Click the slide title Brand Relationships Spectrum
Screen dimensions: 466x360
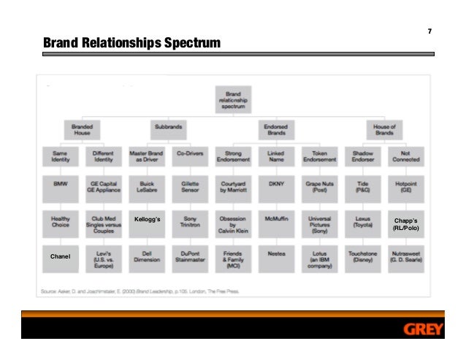click(x=131, y=44)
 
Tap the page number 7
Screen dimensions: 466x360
click(x=429, y=31)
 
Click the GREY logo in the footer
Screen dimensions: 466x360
click(x=423, y=329)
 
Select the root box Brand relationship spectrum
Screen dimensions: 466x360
click(x=233, y=99)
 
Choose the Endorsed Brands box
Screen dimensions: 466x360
click(x=275, y=130)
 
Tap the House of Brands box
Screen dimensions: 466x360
click(x=384, y=130)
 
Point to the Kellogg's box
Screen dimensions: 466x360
click(x=147, y=219)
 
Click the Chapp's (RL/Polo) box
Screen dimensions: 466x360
click(x=405, y=223)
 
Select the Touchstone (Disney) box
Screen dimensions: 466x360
click(x=362, y=258)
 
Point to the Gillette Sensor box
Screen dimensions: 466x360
click(x=190, y=188)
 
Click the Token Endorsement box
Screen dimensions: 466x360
click(x=319, y=155)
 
